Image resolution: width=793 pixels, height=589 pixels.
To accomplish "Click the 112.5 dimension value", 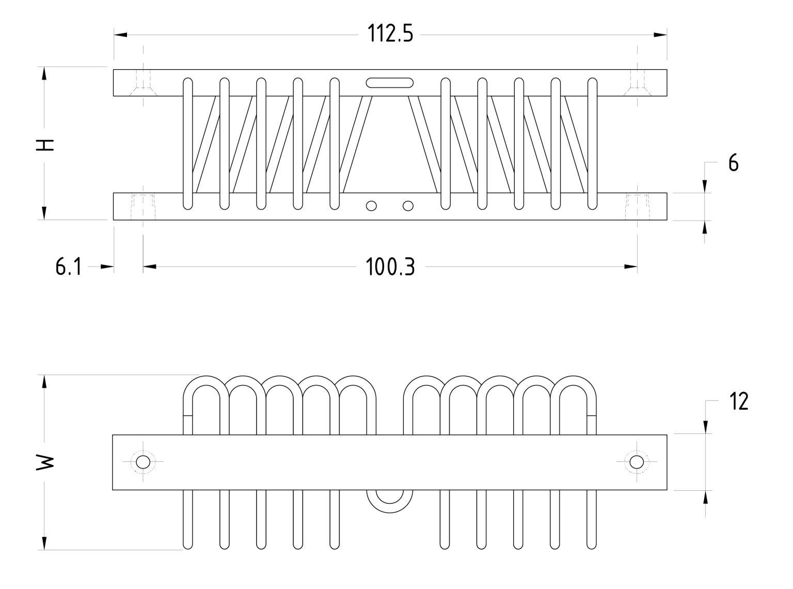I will pyautogui.click(x=390, y=35).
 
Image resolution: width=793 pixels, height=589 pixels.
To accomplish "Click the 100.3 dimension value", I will pyautogui.click(x=390, y=268).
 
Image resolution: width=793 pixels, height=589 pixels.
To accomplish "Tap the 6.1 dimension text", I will pyautogui.click(x=68, y=268).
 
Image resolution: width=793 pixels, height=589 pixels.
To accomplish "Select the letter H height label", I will pyautogui.click(x=45, y=145).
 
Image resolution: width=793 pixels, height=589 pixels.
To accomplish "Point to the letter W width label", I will pyautogui.click(x=45, y=462).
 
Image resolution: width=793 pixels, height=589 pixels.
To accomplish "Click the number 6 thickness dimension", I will pyautogui.click(x=733, y=163).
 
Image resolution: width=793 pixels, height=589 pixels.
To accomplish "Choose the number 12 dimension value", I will pyautogui.click(x=739, y=401).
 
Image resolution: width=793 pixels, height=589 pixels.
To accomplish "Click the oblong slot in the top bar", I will pyautogui.click(x=390, y=83).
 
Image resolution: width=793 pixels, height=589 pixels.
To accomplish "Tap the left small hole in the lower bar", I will pyautogui.click(x=371, y=206).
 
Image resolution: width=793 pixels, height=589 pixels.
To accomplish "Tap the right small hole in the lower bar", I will pyautogui.click(x=408, y=206).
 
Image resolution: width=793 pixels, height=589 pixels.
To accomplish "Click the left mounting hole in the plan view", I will pyautogui.click(x=142, y=462).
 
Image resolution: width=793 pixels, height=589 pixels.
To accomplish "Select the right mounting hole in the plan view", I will pyautogui.click(x=637, y=462).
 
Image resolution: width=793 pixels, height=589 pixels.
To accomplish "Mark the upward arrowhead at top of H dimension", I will pyautogui.click(x=44, y=73).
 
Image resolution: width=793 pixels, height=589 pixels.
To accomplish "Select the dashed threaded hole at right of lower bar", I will pyautogui.click(x=637, y=206).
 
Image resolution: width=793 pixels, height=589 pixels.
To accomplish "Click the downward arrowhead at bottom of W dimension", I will pyautogui.click(x=45, y=543).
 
